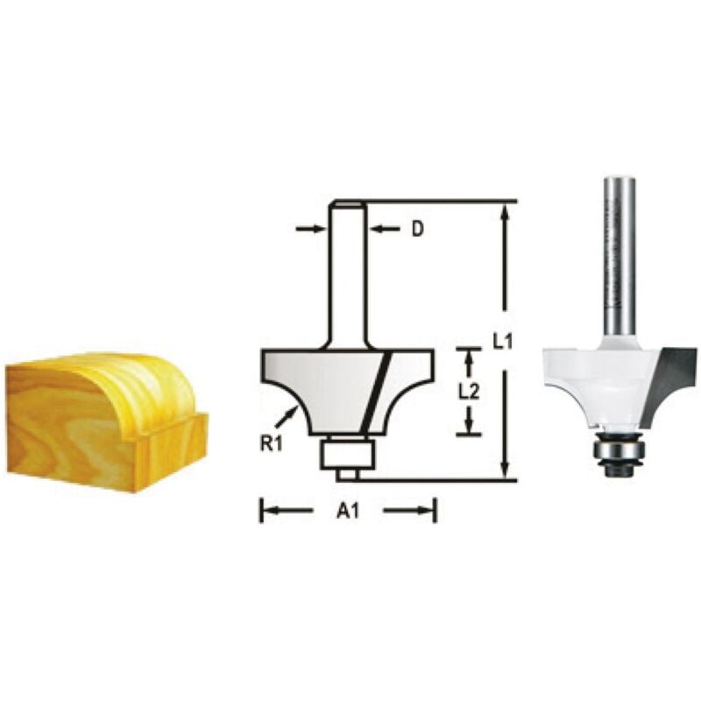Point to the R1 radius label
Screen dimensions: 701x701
tap(269, 443)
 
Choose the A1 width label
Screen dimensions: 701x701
tap(348, 511)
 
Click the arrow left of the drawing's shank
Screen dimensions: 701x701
tap(308, 229)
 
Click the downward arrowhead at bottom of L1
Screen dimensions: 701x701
tap(503, 470)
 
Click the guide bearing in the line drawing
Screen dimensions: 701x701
tap(347, 453)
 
